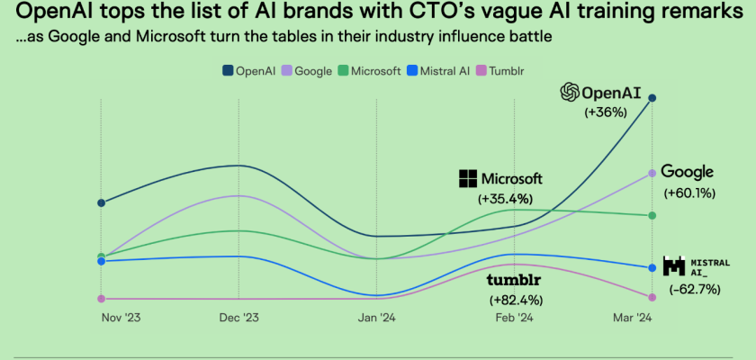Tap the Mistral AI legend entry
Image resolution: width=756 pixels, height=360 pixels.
click(x=441, y=70)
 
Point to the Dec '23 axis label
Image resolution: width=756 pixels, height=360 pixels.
click(x=238, y=318)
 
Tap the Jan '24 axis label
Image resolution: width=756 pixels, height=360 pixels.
click(x=375, y=318)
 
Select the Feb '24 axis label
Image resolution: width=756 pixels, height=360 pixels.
click(x=514, y=318)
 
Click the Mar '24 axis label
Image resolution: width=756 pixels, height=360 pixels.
click(x=632, y=318)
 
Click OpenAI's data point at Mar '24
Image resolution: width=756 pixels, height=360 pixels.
click(x=652, y=98)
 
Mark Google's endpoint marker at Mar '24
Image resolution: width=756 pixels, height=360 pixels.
click(x=652, y=173)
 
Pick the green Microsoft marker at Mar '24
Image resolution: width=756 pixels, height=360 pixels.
click(x=652, y=215)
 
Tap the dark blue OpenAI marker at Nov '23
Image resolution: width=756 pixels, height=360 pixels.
click(x=101, y=202)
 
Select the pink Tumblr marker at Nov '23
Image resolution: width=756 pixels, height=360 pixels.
click(x=101, y=298)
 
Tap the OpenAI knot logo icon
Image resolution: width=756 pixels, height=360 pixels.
click(x=569, y=92)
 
